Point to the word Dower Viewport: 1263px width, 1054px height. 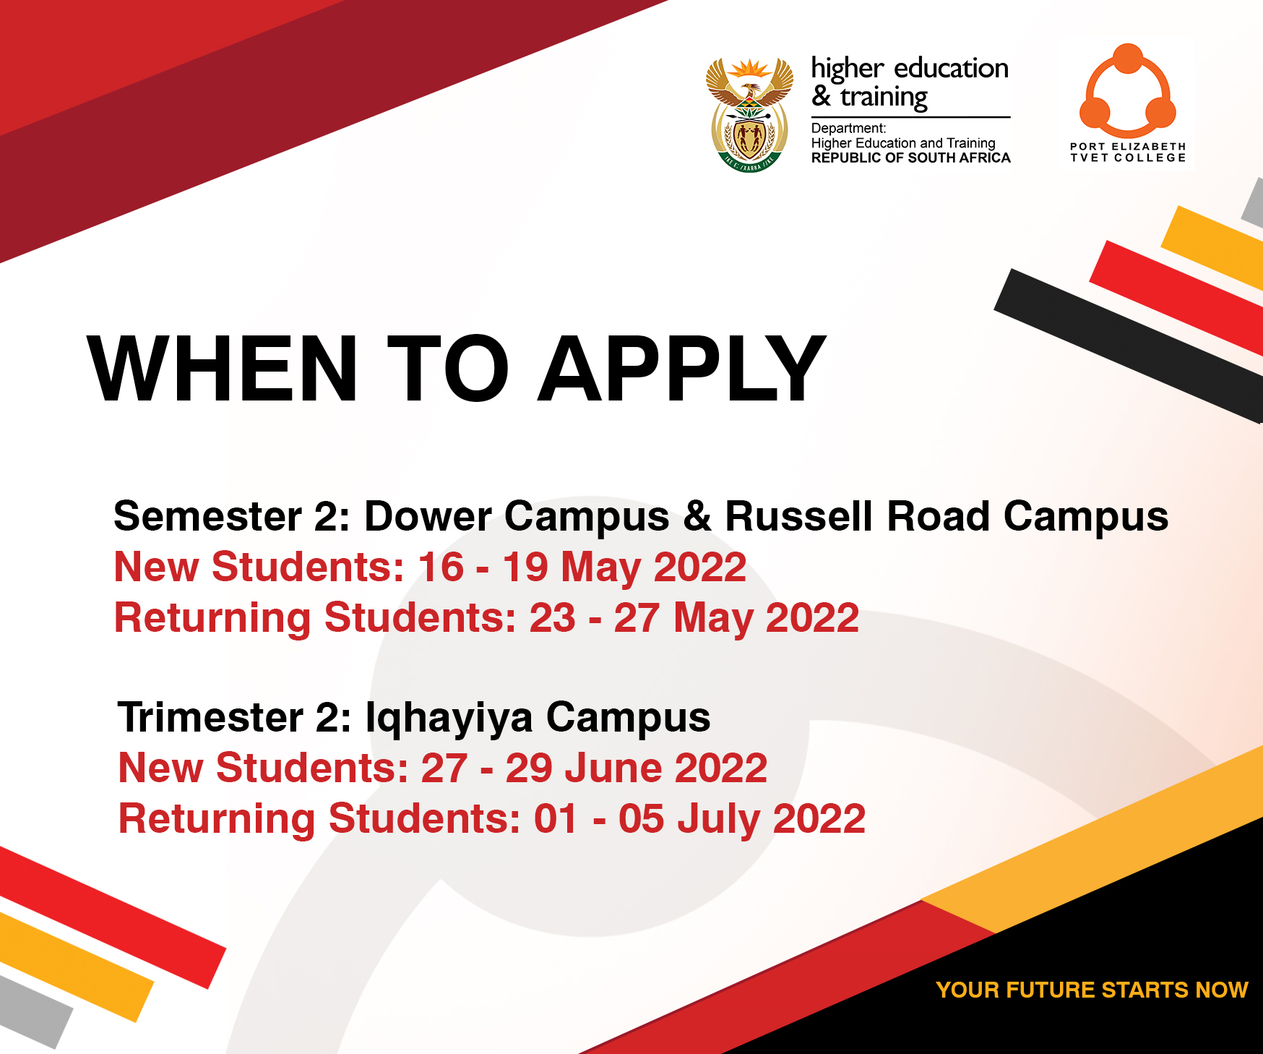(428, 517)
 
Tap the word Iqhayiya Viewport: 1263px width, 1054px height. (449, 718)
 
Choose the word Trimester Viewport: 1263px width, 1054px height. (210, 718)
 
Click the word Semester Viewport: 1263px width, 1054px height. (208, 517)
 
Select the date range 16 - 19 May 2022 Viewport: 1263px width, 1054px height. (582, 567)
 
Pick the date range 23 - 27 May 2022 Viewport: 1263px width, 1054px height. (694, 618)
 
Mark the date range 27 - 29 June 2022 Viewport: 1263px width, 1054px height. (594, 768)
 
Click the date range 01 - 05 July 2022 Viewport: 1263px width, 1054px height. (699, 819)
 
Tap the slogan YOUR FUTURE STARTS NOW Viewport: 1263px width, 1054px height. (1092, 990)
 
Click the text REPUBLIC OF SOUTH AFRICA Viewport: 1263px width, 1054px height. (910, 158)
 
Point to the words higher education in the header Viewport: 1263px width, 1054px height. (910, 69)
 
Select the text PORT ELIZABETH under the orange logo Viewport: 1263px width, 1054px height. (1128, 147)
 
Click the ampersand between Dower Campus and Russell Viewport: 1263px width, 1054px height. (697, 517)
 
